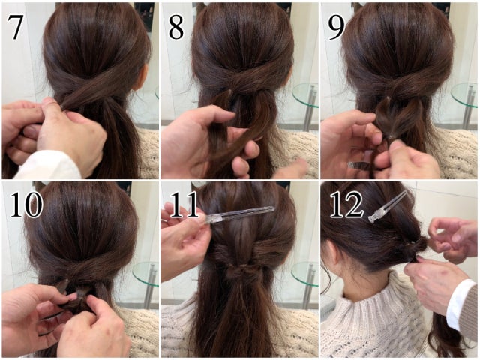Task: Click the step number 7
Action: (15, 27)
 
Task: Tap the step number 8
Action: (176, 27)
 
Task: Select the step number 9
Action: (336, 27)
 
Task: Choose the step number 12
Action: (346, 205)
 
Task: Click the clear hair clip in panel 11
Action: (240, 214)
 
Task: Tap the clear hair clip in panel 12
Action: (388, 207)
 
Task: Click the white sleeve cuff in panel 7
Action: (46, 165)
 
